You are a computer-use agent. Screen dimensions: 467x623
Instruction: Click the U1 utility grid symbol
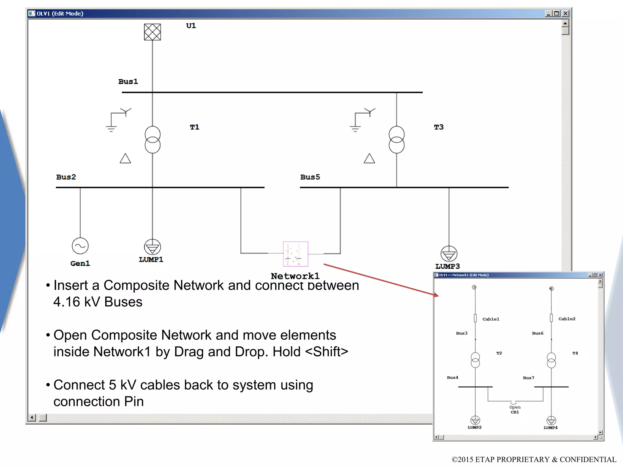[x=152, y=32]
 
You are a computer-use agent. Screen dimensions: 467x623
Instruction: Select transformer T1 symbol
[x=152, y=140]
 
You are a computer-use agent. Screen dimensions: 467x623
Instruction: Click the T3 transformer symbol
[x=396, y=140]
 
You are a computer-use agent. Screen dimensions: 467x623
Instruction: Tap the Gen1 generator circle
[x=80, y=246]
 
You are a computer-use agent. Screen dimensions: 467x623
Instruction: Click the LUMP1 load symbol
[x=152, y=247]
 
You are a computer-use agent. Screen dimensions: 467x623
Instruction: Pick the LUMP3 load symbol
[x=449, y=254]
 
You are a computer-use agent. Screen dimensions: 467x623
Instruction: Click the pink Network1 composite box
[x=295, y=254]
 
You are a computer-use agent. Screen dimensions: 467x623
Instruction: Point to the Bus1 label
[x=128, y=81]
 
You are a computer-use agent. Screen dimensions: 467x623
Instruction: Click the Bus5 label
[x=310, y=177]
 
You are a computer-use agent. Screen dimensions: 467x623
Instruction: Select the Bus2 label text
[x=66, y=177]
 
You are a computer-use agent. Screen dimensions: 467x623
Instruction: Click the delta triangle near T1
[x=125, y=159]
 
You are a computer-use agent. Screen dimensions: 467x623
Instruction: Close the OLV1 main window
[x=565, y=13]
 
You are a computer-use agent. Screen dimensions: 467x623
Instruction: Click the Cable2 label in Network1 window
[x=567, y=319]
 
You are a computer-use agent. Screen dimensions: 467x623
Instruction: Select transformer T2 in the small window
[x=475, y=360]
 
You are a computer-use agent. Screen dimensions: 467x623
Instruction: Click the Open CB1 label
[x=515, y=410]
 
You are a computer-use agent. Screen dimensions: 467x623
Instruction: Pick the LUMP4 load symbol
[x=551, y=420]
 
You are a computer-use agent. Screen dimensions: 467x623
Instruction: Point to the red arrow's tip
[x=438, y=296]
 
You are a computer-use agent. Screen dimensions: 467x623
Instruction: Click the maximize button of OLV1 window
[x=556, y=13]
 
